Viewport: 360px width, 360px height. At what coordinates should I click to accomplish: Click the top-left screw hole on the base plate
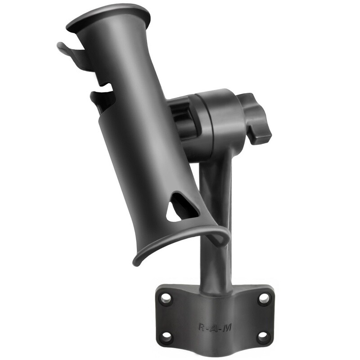pos(166,297)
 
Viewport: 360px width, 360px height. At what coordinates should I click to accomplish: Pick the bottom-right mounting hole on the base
pos(264,337)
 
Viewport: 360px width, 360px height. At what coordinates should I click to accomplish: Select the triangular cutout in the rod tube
pos(181,207)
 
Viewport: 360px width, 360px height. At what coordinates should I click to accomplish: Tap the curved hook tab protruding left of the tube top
pos(67,49)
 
